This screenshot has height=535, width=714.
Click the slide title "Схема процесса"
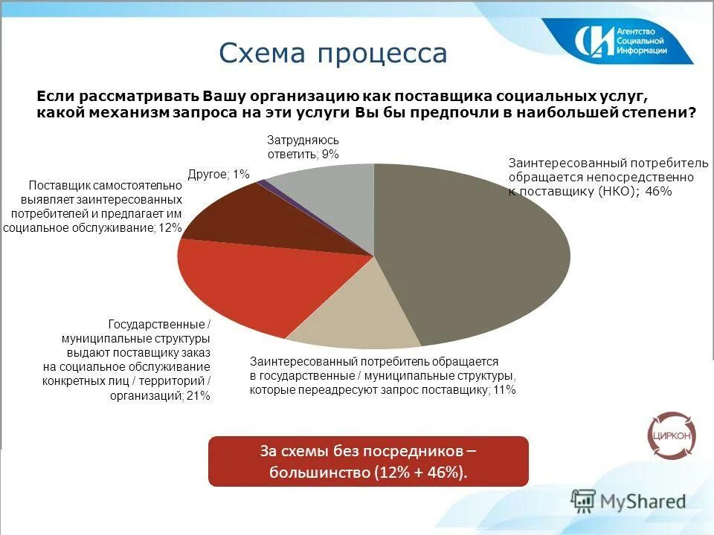coord(332,53)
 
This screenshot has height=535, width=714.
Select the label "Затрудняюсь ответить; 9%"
coord(303,147)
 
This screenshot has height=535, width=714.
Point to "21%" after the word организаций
coord(199,396)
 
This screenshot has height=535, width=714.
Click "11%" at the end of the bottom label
coord(504,389)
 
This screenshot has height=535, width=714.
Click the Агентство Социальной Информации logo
coord(622,42)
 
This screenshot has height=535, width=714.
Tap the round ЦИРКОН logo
coord(672,435)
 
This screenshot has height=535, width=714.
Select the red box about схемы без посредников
coord(368,461)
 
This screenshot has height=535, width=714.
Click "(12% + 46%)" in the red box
coord(419,473)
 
